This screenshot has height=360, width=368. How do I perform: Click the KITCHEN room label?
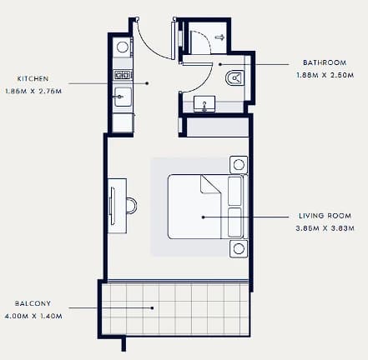click(x=33, y=78)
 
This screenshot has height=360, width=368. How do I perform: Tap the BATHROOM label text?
click(x=325, y=62)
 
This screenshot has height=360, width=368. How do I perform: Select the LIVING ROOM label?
click(x=325, y=216)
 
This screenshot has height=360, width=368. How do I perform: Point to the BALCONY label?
click(x=33, y=303)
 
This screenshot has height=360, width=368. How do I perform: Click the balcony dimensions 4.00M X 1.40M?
click(x=33, y=316)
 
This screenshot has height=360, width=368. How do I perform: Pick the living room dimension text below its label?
click(x=325, y=228)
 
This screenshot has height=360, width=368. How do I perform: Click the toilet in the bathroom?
click(x=234, y=77)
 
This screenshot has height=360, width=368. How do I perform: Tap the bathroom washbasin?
click(x=204, y=104)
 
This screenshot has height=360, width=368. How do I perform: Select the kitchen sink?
click(x=123, y=97)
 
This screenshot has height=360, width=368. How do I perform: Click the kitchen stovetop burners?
click(x=123, y=75)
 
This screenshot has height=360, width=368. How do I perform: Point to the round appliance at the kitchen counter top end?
click(x=123, y=47)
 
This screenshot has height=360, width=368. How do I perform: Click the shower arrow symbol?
click(x=220, y=37)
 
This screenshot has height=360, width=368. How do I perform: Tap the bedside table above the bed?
click(x=239, y=165)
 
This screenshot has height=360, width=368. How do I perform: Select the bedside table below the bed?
click(x=239, y=249)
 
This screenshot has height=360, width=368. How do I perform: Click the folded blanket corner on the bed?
click(x=209, y=184)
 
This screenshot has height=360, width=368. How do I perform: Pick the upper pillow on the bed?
click(x=234, y=191)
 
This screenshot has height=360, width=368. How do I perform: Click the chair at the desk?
click(x=132, y=206)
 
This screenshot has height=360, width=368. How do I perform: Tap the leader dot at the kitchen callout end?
click(x=148, y=83)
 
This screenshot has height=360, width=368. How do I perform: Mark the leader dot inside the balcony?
click(x=152, y=307)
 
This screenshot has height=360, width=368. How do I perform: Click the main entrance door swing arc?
click(x=150, y=45)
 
